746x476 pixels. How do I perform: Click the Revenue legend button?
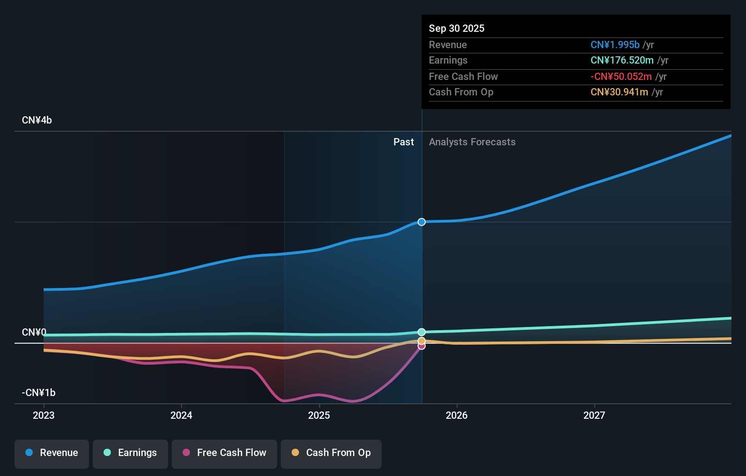pos(52,453)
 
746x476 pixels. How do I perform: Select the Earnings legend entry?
pos(130,453)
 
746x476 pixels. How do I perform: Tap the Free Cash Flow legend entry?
pos(224,453)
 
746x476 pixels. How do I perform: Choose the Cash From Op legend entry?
pos(331,453)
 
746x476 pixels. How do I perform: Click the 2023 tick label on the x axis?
pos(44,415)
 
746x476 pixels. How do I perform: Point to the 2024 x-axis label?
pos(181,415)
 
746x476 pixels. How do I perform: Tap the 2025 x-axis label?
pos(319,415)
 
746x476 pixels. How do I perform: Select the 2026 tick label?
pos(457,415)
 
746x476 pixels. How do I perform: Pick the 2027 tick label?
pos(594,415)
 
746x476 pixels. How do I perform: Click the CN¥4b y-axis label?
pos(37,120)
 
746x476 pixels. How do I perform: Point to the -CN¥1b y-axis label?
pos(39,392)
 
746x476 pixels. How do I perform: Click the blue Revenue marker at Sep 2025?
pos(422,222)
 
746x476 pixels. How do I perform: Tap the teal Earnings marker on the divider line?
pos(422,332)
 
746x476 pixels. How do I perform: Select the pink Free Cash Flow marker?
pos(422,347)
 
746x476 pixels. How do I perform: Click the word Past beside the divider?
pos(403,142)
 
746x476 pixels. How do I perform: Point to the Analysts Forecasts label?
pos(472,142)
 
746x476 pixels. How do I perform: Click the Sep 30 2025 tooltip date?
pos(457,28)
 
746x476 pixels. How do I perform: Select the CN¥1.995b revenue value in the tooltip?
pos(615,45)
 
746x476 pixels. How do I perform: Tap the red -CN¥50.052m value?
pos(621,76)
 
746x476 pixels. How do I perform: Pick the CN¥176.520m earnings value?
pos(622,60)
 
